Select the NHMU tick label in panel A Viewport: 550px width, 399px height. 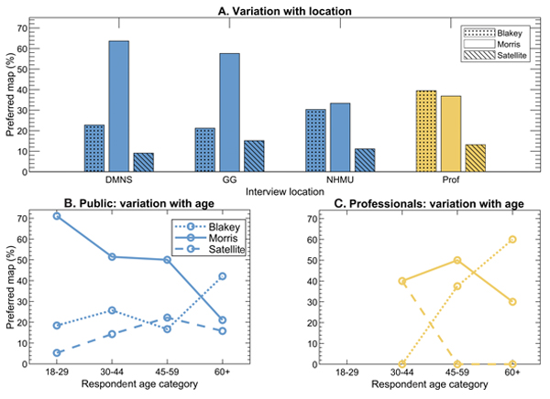tap(313, 180)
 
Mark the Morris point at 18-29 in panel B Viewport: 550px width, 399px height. tap(58, 216)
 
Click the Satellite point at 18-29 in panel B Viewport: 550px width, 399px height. tap(58, 353)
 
